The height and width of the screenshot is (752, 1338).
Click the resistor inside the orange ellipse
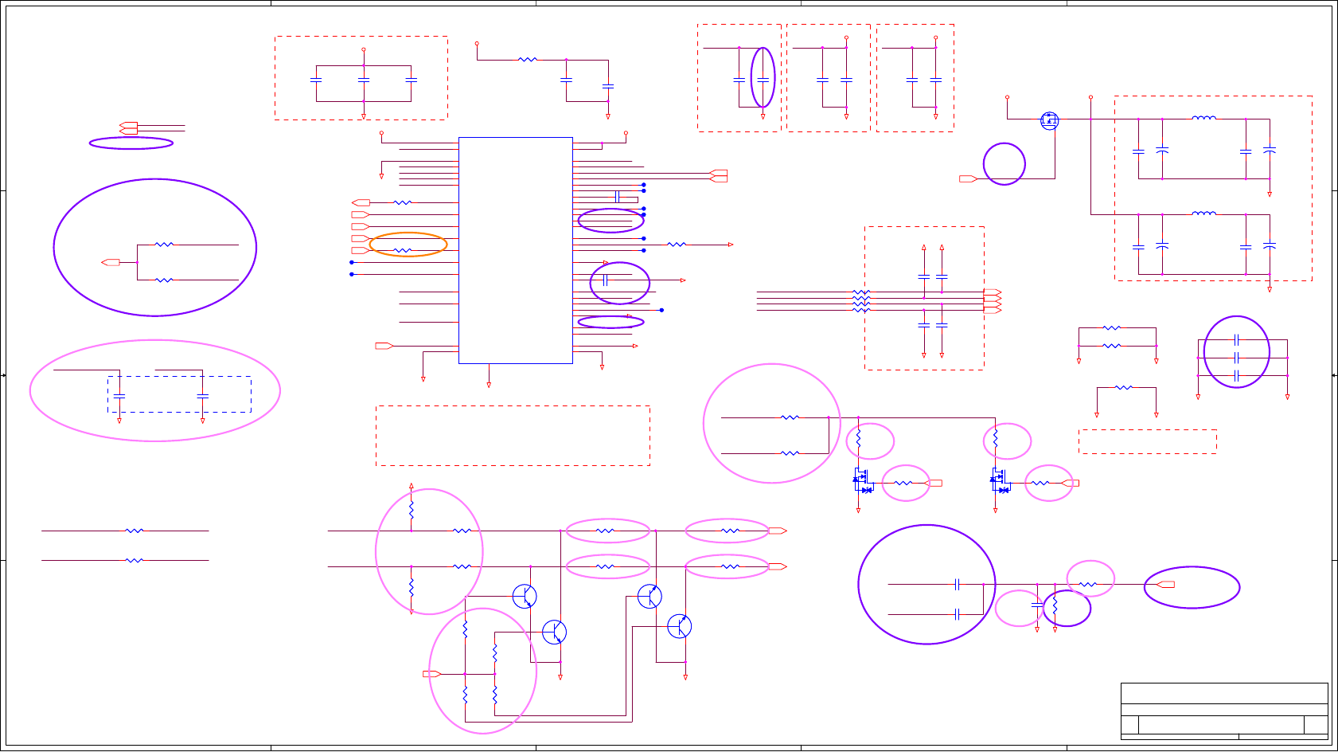[x=404, y=250]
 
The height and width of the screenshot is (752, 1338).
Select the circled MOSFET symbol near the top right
[x=1050, y=121]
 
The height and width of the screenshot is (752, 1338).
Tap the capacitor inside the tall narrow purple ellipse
[x=763, y=80]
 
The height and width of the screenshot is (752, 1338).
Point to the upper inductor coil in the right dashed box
[x=1203, y=118]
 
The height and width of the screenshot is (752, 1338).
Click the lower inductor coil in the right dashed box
[x=1203, y=213]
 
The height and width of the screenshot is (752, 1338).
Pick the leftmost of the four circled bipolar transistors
[x=525, y=596]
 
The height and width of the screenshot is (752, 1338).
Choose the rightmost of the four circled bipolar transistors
[x=679, y=626]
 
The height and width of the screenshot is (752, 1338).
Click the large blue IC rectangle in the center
[x=515, y=250]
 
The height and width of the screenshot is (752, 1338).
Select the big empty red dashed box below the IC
[x=513, y=436]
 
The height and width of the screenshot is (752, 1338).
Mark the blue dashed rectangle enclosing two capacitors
[x=179, y=394]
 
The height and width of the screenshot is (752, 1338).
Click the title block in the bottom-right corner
[x=1224, y=711]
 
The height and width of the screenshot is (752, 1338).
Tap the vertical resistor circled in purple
[x=1055, y=608]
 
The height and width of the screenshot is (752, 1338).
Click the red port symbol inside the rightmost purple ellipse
[x=1166, y=585]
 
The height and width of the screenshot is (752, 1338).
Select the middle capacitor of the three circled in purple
[x=1236, y=358]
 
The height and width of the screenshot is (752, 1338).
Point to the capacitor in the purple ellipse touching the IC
[x=606, y=280]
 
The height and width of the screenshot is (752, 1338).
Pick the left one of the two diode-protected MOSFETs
[x=860, y=479]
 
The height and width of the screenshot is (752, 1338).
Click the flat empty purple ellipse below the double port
[x=131, y=143]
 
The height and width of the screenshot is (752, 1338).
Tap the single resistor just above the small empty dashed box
[x=1124, y=388]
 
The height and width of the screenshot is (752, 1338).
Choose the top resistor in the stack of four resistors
[x=861, y=292]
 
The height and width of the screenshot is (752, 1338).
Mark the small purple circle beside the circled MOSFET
[x=1004, y=164]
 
